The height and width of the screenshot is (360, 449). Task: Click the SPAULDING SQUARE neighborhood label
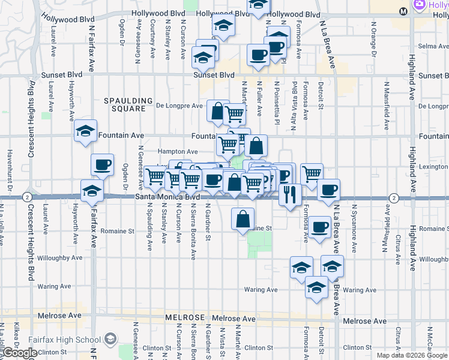point(125,104)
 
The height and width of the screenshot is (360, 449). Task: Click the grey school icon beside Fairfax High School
point(110,340)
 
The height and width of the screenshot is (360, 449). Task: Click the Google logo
point(19,353)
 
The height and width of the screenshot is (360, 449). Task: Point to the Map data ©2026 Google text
point(412,355)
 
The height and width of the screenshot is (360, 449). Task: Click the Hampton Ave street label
point(178,152)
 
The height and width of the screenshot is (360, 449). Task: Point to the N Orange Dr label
point(373,39)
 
